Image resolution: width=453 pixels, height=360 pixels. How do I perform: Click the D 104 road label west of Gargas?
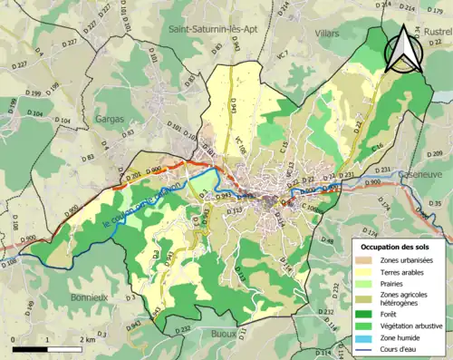[63, 120]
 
